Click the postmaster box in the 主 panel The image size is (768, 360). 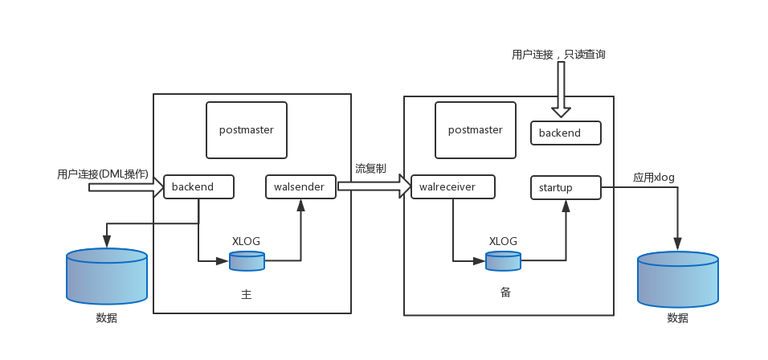[x=246, y=129]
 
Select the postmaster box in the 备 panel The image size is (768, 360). [x=475, y=130]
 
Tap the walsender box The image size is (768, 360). [x=300, y=187]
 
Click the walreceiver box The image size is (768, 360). [x=452, y=187]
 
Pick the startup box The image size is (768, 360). [x=566, y=188]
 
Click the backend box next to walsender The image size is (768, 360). [x=198, y=187]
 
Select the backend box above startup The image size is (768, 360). [x=566, y=133]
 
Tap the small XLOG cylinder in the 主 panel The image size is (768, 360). [x=247, y=261]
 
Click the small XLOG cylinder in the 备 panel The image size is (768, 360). [x=503, y=261]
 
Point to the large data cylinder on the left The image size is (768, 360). [x=107, y=276]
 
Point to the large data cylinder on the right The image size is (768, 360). [x=677, y=280]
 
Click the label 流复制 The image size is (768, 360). [x=370, y=169]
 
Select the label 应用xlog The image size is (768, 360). [x=654, y=178]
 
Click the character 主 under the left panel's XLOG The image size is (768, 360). [x=247, y=295]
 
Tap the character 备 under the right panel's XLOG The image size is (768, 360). [x=505, y=292]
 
